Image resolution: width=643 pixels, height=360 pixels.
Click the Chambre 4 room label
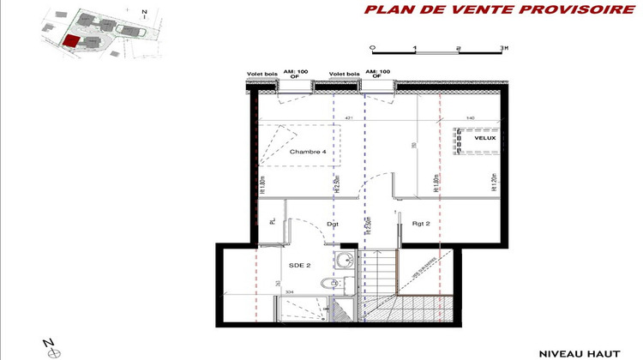307,152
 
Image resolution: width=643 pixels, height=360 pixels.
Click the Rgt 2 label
420,224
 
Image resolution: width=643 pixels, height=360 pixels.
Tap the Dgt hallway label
334,224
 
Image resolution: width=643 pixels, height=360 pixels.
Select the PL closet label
273,222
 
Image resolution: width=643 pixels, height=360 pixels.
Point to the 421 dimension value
349,117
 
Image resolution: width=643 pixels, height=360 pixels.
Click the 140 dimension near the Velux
471,117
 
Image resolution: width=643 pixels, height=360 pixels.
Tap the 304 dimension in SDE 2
289,291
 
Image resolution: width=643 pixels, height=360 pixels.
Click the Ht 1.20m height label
493,182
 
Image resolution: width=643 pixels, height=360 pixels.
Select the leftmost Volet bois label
261,74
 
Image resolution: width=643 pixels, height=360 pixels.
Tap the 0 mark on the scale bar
370,48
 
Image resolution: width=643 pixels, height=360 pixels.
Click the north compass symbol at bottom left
50,349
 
